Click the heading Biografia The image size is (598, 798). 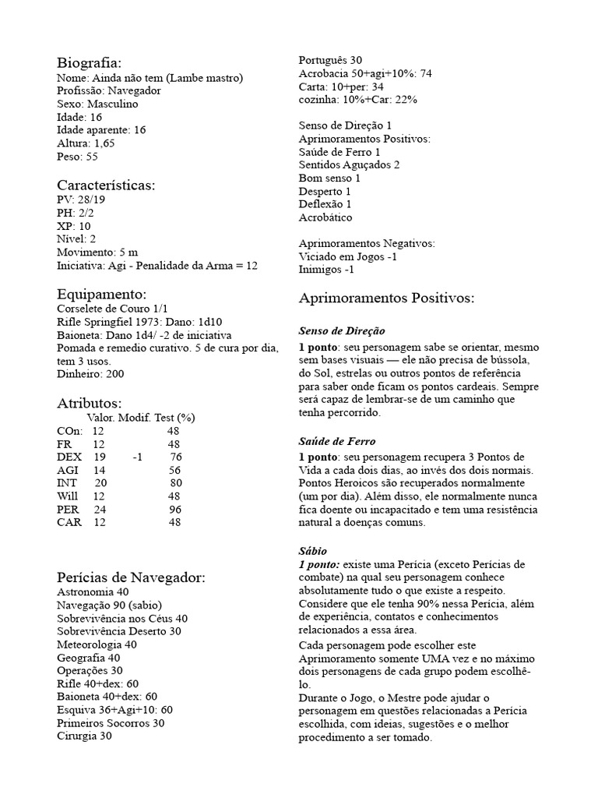90,62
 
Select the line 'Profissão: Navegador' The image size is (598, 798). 109,90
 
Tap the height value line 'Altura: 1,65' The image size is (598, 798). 86,143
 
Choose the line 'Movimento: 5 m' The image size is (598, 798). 97,252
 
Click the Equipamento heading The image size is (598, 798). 102,294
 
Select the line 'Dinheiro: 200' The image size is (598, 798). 90,373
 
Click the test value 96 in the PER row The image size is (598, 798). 175,510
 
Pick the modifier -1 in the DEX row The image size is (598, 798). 137,457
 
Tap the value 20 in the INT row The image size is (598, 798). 100,483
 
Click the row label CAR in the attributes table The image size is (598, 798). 69,523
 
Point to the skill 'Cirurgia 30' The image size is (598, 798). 84,736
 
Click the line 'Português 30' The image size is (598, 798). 330,60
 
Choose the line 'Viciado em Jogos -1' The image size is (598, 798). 348,256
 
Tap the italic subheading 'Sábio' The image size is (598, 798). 313,550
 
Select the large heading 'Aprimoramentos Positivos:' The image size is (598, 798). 386,298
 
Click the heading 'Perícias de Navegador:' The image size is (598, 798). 131,577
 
